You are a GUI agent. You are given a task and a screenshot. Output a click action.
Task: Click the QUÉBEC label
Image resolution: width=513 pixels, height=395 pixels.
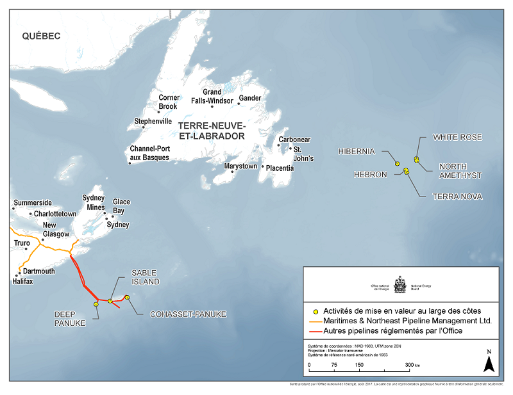[41, 36]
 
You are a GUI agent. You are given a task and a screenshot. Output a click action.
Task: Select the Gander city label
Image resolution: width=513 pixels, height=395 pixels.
[250, 99]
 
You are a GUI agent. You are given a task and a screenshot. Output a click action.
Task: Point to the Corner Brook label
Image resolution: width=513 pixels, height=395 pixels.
[169, 102]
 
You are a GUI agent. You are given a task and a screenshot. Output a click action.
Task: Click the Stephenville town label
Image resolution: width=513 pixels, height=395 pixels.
[153, 121]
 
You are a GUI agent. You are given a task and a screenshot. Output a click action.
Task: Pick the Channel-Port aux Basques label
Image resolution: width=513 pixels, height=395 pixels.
[149, 153]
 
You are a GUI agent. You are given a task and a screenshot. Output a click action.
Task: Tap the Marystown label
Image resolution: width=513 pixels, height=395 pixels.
[240, 166]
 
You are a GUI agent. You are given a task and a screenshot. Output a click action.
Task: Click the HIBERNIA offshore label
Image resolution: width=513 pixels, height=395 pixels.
[356, 151]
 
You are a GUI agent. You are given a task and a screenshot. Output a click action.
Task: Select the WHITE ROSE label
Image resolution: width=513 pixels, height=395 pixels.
[457, 137]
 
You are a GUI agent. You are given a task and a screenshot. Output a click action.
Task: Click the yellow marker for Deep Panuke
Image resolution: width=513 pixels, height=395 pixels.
[96, 304]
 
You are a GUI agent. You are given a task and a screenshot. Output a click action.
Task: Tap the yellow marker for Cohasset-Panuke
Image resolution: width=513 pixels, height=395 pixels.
[128, 297]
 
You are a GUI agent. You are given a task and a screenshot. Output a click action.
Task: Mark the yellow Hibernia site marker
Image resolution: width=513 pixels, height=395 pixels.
[397, 163]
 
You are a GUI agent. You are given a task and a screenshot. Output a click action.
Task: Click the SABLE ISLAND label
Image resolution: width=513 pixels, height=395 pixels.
[145, 277]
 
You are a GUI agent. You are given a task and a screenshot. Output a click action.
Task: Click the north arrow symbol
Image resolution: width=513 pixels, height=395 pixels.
[488, 363]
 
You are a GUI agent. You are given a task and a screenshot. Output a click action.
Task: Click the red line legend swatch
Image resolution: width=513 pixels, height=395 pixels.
[314, 330]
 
